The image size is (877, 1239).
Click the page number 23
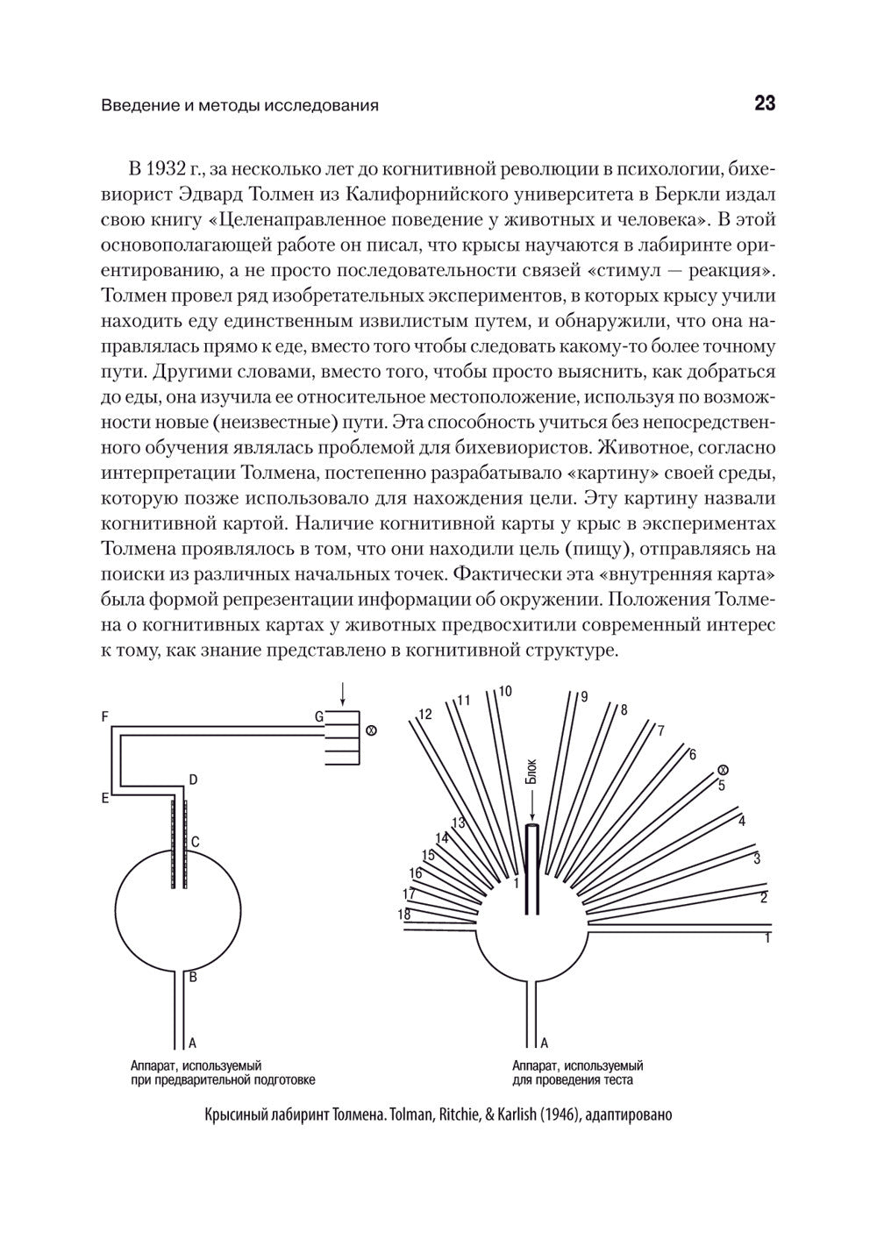click(764, 103)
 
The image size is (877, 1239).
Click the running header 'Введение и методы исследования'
click(239, 106)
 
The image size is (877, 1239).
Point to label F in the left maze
click(104, 716)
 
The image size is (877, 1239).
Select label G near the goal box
click(319, 716)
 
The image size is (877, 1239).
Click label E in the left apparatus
click(104, 798)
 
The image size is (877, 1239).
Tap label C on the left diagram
click(195, 842)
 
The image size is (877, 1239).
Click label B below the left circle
click(193, 976)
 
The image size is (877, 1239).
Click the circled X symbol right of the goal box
click(370, 730)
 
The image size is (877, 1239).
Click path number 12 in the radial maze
click(425, 714)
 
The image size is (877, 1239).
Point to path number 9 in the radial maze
click(584, 697)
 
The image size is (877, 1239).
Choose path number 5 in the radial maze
click(721, 785)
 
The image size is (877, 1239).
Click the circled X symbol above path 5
click(722, 769)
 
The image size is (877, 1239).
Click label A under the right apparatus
click(544, 1043)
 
